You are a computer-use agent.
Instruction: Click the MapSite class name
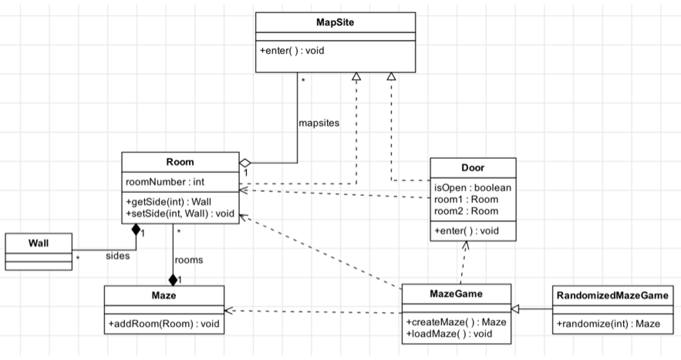tap(335, 22)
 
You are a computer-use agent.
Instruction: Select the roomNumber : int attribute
tap(165, 182)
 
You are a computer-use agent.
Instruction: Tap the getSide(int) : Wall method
tap(169, 202)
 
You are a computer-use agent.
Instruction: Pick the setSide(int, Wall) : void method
tap(180, 214)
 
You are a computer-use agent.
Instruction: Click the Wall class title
tap(39, 243)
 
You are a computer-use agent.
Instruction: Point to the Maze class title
tap(164, 296)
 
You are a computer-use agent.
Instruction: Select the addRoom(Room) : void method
tap(164, 324)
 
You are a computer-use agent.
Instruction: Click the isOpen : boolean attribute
tap(473, 188)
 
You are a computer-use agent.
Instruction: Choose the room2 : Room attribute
tap(466, 211)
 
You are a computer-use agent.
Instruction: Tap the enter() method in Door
tap(467, 231)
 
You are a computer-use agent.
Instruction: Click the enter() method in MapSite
tap(292, 51)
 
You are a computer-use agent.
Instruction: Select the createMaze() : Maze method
tap(456, 322)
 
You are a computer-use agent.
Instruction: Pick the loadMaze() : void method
tap(449, 334)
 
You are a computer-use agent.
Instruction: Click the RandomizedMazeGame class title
tap(612, 296)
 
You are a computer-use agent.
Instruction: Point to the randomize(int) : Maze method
tap(609, 324)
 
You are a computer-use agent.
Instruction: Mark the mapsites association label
tap(319, 123)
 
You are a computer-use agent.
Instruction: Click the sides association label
tap(118, 256)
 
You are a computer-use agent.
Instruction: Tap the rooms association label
tap(189, 260)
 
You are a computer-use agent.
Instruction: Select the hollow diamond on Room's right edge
tap(245, 163)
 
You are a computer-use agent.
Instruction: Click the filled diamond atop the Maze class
tap(173, 279)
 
